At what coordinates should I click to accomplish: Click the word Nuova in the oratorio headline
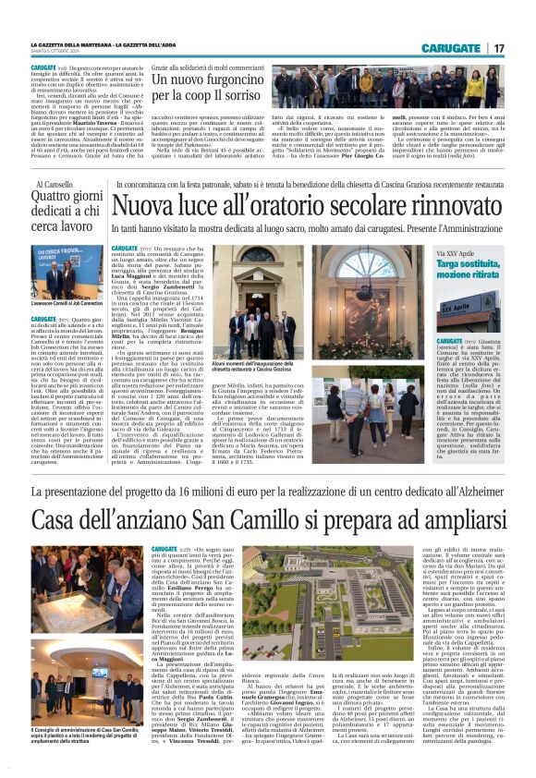pyautogui.click(x=143, y=205)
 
